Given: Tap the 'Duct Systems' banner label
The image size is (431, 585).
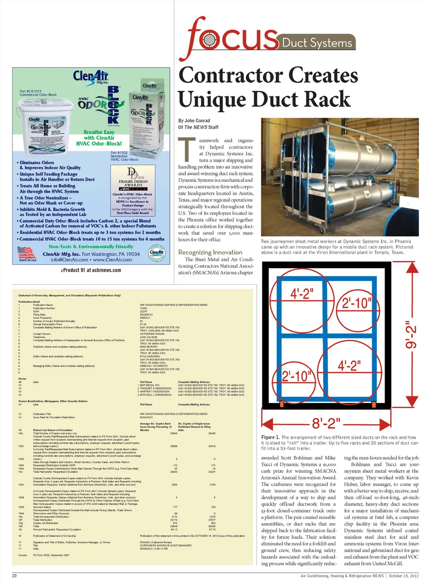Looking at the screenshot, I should pyautogui.click(x=317, y=43).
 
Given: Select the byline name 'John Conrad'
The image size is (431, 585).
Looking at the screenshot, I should pyautogui.click(x=197, y=121).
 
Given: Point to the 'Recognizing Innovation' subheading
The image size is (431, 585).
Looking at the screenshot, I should pyautogui.click(x=210, y=252).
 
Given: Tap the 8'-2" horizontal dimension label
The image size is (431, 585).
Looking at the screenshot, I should pyautogui.click(x=326, y=423).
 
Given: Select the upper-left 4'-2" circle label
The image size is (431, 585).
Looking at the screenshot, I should pyautogui.click(x=302, y=294).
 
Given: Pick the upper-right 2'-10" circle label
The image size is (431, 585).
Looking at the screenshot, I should pyautogui.click(x=356, y=303).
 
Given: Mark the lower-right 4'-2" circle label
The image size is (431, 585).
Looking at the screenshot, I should pyautogui.click(x=349, y=365).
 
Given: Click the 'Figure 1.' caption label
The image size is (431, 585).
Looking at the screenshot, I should pyautogui.click(x=270, y=437).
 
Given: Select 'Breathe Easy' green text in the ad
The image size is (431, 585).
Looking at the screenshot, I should pyautogui.click(x=99, y=132).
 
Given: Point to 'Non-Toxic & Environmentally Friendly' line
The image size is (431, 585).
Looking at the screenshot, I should pyautogui.click(x=91, y=246).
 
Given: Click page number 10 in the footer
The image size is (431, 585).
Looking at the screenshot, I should pyautogui.click(x=14, y=576).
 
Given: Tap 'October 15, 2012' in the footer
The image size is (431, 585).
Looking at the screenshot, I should pyautogui.click(x=404, y=576).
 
